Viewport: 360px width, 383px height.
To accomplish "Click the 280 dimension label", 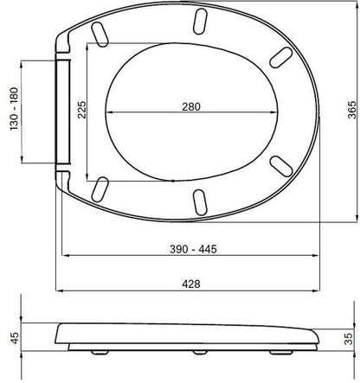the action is (x=191, y=106).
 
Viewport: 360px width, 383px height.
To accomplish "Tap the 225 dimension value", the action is (x=82, y=110).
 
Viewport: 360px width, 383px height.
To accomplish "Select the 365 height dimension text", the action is (x=352, y=110).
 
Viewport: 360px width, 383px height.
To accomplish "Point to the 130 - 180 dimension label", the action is (x=14, y=109).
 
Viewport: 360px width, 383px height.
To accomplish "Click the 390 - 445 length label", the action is (x=193, y=249).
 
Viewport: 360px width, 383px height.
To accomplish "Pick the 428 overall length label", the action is (x=191, y=284).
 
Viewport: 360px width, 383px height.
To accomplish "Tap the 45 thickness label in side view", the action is (x=15, y=337).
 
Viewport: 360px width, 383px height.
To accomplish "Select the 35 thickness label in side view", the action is (x=349, y=339).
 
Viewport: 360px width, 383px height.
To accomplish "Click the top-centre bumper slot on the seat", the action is (x=200, y=22).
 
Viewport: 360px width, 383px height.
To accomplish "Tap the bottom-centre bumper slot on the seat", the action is (x=200, y=202).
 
